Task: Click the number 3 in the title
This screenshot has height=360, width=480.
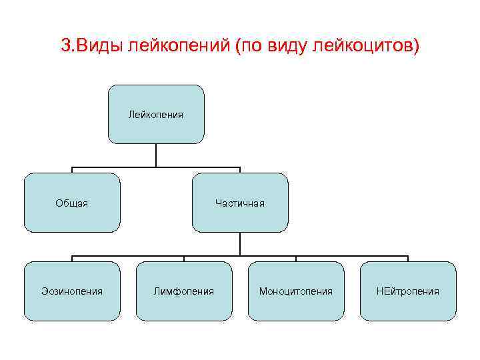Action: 65,46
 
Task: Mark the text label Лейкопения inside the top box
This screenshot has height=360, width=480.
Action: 156,115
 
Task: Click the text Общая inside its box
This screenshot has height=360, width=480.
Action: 72,203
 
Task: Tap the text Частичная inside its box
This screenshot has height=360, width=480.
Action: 240,203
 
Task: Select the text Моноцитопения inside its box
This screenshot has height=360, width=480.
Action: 296,291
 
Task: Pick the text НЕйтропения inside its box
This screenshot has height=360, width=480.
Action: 408,291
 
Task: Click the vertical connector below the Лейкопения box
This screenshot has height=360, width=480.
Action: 156,155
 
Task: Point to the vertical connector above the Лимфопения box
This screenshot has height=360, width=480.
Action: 184,259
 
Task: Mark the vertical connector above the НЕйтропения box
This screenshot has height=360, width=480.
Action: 408,259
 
